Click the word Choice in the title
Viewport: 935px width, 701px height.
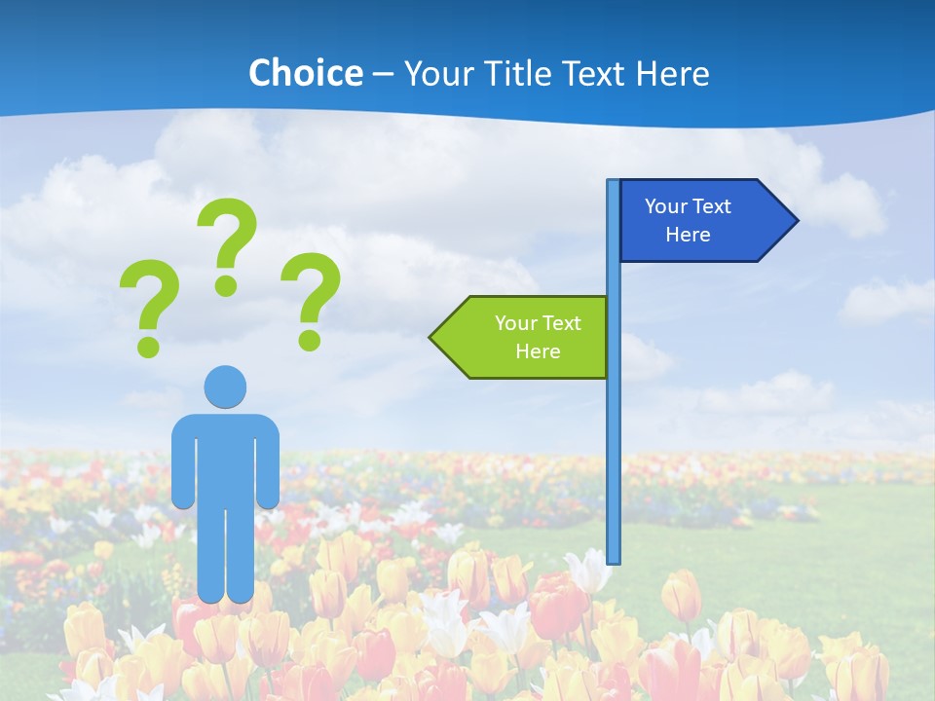(305, 73)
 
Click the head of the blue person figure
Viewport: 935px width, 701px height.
(225, 387)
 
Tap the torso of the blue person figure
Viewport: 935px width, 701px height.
(225, 458)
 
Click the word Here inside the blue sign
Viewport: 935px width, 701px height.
(688, 235)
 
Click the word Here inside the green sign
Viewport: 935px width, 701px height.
(538, 351)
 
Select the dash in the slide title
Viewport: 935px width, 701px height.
(384, 74)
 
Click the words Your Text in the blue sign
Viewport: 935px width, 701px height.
(688, 206)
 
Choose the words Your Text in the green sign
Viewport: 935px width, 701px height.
(538, 323)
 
